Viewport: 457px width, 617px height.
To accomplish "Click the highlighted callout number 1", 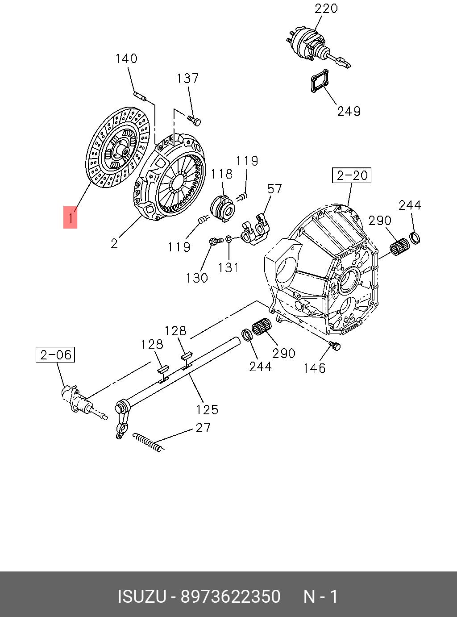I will tap(71, 217).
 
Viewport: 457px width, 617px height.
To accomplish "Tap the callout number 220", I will tap(326, 8).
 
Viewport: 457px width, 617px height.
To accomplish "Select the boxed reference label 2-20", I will tap(352, 175).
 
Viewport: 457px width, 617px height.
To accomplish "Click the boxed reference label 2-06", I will tap(55, 355).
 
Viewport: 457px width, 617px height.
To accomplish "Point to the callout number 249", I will tap(349, 111).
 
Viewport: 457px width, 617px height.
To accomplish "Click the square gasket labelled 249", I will tap(320, 82).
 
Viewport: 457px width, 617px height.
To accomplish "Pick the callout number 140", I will tap(126, 58).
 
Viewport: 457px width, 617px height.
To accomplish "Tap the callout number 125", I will tap(208, 409).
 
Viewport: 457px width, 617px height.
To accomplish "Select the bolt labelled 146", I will tap(335, 345).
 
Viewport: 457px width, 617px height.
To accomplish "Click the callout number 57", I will tap(274, 189).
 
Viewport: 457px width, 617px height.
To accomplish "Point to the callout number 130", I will tap(197, 278).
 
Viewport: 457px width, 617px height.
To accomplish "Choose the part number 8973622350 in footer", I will tap(230, 596).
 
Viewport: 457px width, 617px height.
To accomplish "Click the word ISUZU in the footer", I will tap(142, 596).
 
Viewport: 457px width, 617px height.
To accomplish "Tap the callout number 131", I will tap(228, 267).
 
